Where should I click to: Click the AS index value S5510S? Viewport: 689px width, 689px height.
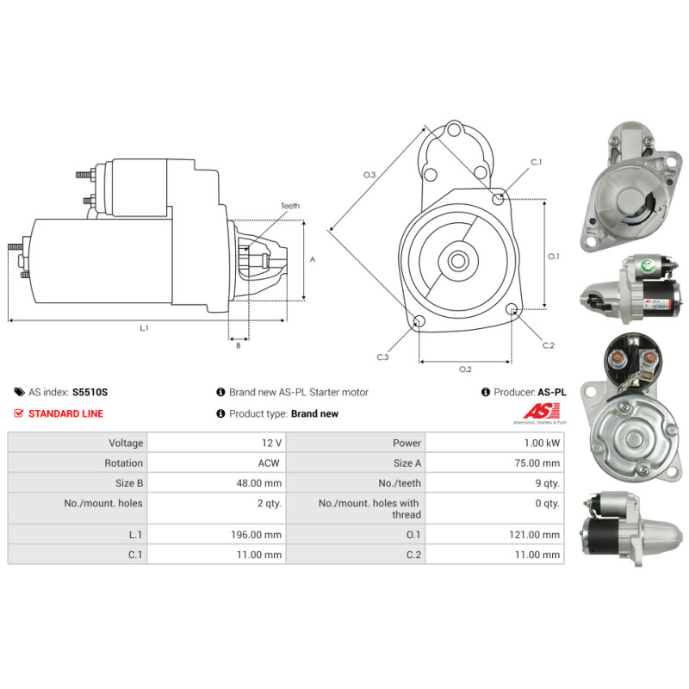point(90,392)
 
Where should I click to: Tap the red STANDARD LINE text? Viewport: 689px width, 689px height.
point(65,413)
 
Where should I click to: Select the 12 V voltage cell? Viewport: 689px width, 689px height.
point(271,443)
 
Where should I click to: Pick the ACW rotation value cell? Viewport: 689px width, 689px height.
point(270,462)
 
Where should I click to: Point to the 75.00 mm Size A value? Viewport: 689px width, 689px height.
point(537,462)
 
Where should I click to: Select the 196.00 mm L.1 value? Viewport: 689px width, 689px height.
point(257,534)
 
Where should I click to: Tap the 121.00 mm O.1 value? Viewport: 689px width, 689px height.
point(535,534)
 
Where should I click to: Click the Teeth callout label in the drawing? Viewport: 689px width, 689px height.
point(289,206)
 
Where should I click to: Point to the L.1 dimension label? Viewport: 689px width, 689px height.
point(144,328)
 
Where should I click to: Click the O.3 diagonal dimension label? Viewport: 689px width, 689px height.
point(369,175)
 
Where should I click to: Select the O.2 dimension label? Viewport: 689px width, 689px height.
point(465,369)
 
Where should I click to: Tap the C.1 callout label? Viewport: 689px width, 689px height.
point(536,162)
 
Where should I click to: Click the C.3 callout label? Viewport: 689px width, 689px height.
point(382,357)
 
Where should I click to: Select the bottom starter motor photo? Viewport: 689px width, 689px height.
point(628,528)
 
